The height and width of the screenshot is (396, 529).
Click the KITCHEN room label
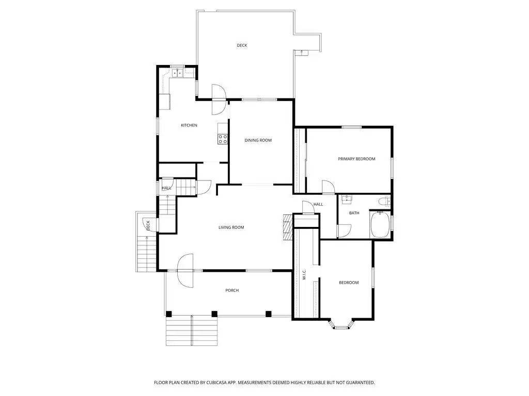189,125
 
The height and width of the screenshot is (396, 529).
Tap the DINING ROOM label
258,140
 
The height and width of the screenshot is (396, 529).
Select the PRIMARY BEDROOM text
356,159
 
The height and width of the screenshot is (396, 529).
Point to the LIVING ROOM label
231,227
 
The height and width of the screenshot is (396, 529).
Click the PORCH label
232,290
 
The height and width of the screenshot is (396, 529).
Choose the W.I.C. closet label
304,274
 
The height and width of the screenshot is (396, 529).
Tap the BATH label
354,213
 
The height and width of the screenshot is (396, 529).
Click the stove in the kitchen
222,139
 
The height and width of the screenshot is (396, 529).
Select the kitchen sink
178,73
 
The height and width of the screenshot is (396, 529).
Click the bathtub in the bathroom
380,225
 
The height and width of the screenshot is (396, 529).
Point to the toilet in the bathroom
384,202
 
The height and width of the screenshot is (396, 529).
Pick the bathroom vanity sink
347,200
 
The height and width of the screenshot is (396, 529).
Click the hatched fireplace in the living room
287,227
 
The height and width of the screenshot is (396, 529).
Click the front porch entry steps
192,331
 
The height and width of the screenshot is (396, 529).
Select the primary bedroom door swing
328,187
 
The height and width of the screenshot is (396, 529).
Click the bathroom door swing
345,231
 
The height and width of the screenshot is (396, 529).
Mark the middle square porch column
214,314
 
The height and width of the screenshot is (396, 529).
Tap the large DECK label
242,45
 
